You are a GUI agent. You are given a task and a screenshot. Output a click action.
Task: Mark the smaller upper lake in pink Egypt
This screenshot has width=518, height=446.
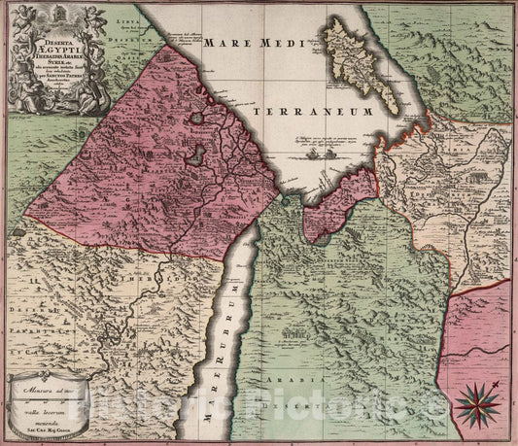tap(198, 119)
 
